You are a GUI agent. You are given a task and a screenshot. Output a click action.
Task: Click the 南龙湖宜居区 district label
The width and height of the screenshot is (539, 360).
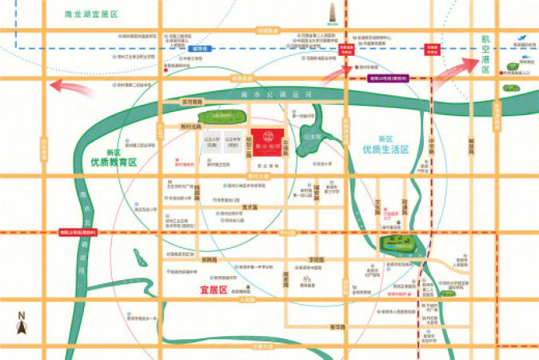pyautogui.click(x=92, y=14)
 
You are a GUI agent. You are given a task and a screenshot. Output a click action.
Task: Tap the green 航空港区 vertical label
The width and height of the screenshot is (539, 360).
pyautogui.click(x=485, y=54)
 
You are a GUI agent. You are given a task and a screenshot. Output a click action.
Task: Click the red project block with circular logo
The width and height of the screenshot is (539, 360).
pyautogui.click(x=263, y=138)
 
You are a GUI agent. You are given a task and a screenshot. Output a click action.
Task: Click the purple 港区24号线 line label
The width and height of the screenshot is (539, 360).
pyautogui.click(x=389, y=78)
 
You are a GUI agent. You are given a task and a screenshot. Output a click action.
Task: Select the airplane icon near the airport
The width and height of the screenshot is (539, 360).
pyautogui.click(x=521, y=37)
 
